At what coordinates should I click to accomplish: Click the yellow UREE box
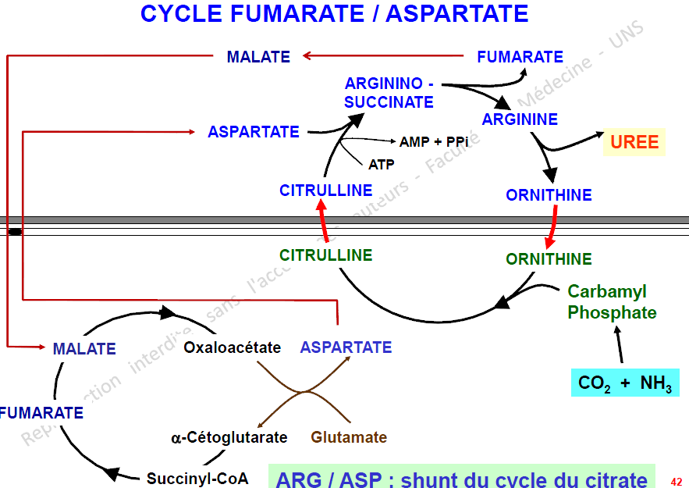point(634,142)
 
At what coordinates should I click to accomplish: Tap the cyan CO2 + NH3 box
point(625,383)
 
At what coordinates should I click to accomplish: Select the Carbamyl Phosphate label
point(612,302)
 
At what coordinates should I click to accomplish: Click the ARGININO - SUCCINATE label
point(389,92)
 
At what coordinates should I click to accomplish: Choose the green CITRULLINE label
point(326,255)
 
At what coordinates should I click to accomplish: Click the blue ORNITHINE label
point(549,195)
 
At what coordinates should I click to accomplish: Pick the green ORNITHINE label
point(549,259)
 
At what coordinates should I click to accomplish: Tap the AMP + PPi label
point(434,142)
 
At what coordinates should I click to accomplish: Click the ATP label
point(382,165)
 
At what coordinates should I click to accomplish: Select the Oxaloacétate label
point(232,347)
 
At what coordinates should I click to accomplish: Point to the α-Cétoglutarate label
point(229,437)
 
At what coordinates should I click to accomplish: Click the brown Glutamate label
point(349,437)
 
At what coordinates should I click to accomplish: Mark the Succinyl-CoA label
point(197,479)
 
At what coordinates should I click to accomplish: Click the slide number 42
point(676,482)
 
